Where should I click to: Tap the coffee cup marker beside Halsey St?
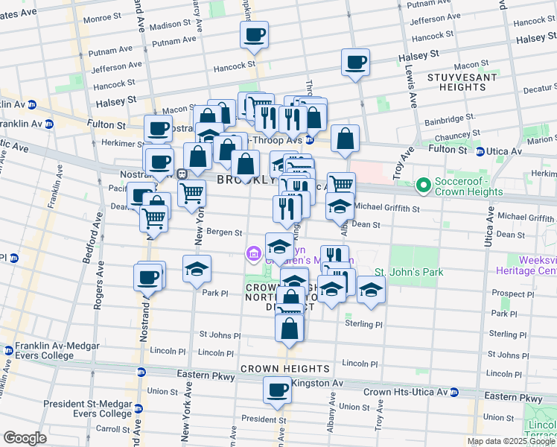pyautogui.click(x=356, y=63)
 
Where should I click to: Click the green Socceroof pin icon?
pyautogui.click(x=424, y=184)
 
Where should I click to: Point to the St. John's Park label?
pyautogui.click(x=408, y=272)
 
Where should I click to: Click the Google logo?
pyautogui.click(x=25, y=438)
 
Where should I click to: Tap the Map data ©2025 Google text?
pyautogui.click(x=511, y=441)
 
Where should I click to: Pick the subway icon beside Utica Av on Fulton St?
pyautogui.click(x=480, y=151)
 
